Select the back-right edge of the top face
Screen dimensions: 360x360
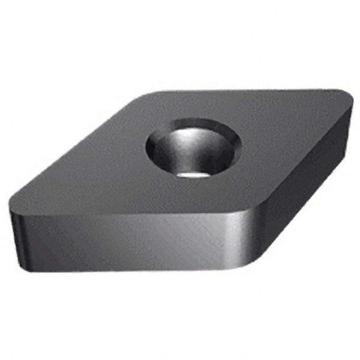point(240,92)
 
